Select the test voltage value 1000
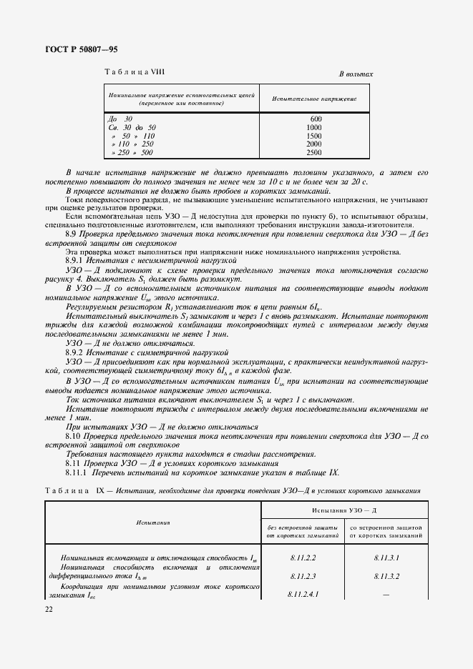pyautogui.click(x=314, y=127)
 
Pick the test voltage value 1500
pyautogui.click(x=314, y=136)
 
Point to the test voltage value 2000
pyautogui.click(x=314, y=144)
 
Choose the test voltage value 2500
pyautogui.click(x=314, y=152)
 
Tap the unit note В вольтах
pyautogui.click(x=356, y=74)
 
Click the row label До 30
pyautogui.click(x=120, y=118)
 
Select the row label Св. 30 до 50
pyautogui.click(x=131, y=127)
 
